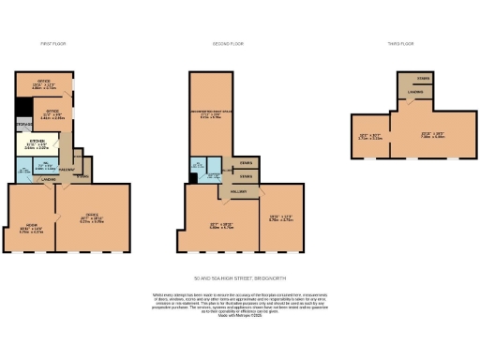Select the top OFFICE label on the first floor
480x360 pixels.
click(x=43, y=82)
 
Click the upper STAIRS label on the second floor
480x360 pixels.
click(x=244, y=162)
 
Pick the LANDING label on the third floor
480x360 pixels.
click(x=414, y=92)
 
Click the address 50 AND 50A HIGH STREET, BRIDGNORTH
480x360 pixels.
click(x=239, y=277)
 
